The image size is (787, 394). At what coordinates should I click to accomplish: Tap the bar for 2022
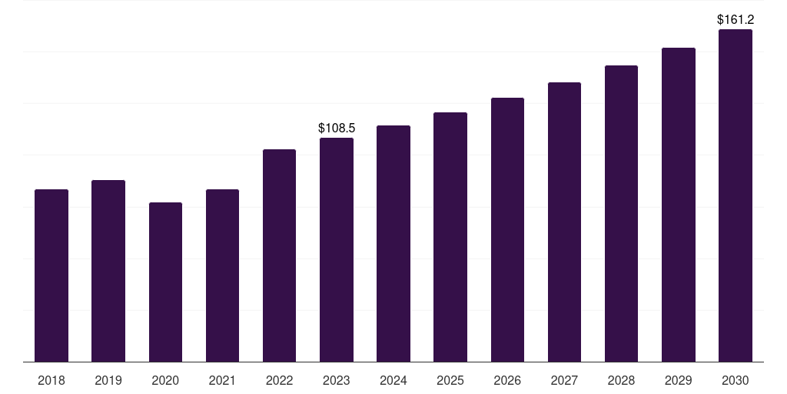(279, 255)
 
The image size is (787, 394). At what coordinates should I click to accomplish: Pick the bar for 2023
(337, 249)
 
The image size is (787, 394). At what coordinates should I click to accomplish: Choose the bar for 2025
(450, 237)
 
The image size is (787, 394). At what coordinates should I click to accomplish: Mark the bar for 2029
(679, 205)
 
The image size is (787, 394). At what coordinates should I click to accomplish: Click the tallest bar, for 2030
(736, 195)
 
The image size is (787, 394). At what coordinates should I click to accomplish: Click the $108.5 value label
(337, 128)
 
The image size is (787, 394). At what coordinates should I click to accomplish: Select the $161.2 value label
(736, 19)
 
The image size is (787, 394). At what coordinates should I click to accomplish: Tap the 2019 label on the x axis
(108, 380)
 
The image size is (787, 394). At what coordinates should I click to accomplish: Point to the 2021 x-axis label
(222, 380)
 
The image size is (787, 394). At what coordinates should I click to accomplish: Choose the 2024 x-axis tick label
(393, 380)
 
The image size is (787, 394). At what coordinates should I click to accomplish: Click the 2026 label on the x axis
(507, 380)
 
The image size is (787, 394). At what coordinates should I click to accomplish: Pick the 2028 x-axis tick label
(621, 380)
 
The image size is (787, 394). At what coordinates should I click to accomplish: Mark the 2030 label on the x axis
(736, 380)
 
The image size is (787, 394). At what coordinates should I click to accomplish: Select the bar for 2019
(108, 271)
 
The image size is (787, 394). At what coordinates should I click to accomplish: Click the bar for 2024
(393, 243)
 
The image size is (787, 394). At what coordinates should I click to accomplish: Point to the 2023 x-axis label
(337, 380)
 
